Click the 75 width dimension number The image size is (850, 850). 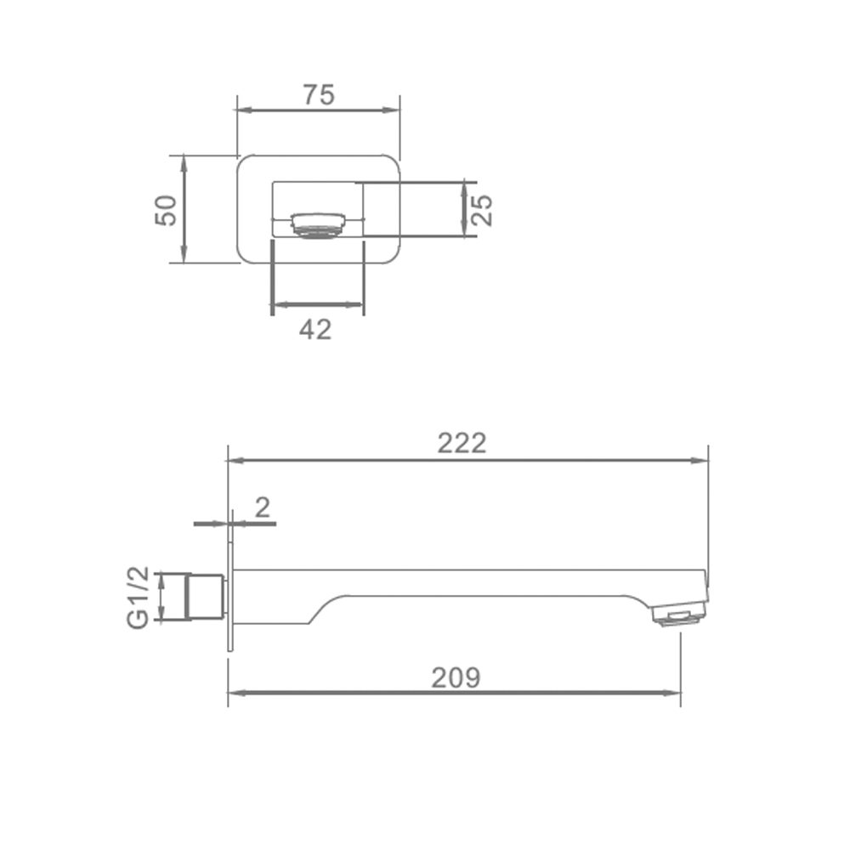point(319,95)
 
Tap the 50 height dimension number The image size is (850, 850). point(166,210)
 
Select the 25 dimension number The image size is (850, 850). point(481,210)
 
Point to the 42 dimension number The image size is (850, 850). point(315,330)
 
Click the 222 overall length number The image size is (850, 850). point(462,443)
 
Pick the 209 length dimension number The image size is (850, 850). point(456,677)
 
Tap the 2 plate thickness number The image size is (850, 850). point(263,508)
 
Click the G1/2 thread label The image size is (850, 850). point(138,598)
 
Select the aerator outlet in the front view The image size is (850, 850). point(318,224)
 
